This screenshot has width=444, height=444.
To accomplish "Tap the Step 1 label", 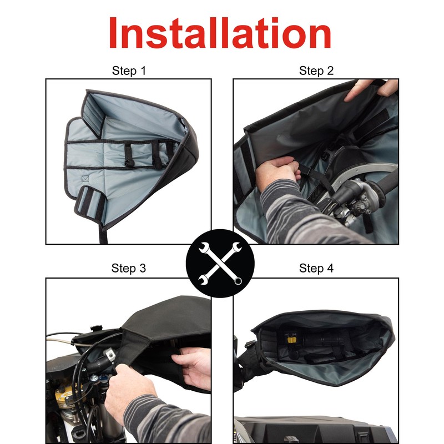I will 129,70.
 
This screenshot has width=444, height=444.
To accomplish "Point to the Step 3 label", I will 129,269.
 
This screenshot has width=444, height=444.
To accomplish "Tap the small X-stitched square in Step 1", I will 85,179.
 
